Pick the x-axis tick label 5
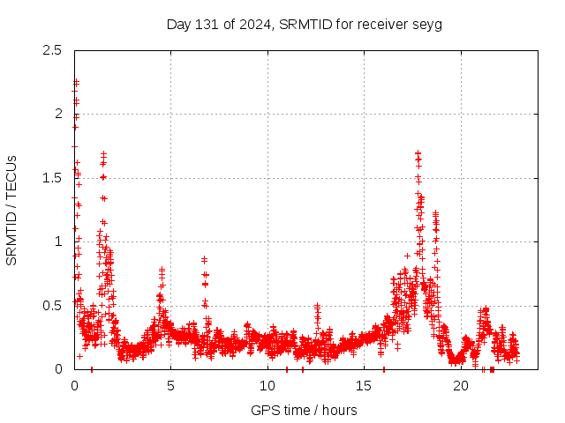click(x=170, y=386)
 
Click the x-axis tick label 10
click(x=267, y=386)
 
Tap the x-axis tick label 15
click(x=363, y=386)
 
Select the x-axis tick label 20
click(x=459, y=386)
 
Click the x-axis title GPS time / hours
click(x=304, y=410)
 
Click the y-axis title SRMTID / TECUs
click(x=11, y=210)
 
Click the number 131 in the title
click(x=206, y=24)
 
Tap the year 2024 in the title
click(x=252, y=24)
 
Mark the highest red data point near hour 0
click(x=76, y=82)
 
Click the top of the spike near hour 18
click(x=418, y=153)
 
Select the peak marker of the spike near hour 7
click(x=204, y=258)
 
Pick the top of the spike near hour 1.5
click(x=103, y=154)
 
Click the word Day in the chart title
click(x=177, y=24)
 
